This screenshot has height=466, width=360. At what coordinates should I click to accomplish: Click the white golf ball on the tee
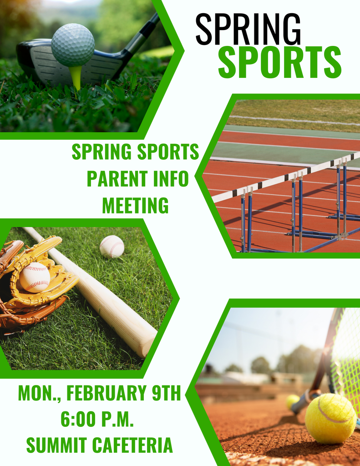click(73, 45)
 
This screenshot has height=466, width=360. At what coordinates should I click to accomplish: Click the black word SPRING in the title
click(248, 29)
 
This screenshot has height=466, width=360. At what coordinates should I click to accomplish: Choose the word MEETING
click(135, 205)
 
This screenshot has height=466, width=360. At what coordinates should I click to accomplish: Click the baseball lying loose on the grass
click(112, 247)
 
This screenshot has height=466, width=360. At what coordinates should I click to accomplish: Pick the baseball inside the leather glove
click(35, 277)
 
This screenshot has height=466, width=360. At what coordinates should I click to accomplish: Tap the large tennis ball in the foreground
click(330, 418)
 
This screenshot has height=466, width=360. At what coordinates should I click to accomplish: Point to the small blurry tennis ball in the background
click(293, 401)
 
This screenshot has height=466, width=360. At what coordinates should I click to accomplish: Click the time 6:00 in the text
click(79, 419)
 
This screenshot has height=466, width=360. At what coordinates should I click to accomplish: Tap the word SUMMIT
click(55, 445)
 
